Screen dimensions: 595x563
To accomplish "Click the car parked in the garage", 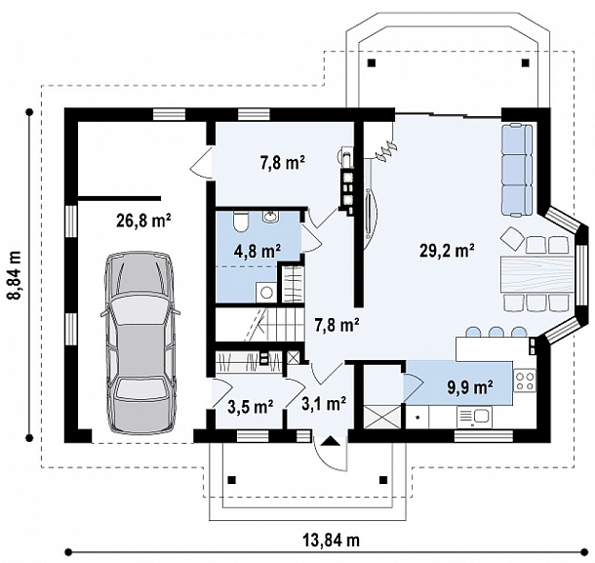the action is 140,342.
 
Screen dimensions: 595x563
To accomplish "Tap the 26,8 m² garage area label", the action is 143,221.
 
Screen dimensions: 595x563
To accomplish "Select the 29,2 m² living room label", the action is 447,251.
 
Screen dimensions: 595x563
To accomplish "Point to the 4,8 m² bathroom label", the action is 258,251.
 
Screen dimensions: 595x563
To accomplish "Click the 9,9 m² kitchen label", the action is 470,386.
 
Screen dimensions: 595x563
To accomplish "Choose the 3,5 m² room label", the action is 251,407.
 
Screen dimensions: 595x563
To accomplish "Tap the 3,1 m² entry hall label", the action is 324,405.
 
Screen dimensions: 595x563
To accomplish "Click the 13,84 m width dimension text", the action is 331,540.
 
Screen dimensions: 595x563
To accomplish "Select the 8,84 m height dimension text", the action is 16,275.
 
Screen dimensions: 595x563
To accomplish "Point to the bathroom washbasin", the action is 270,217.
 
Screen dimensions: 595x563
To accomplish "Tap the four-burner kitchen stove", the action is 525,381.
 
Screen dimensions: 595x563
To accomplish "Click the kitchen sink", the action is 474,417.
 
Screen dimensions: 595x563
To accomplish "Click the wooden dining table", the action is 537,274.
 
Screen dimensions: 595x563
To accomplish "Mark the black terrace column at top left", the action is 372,62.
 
